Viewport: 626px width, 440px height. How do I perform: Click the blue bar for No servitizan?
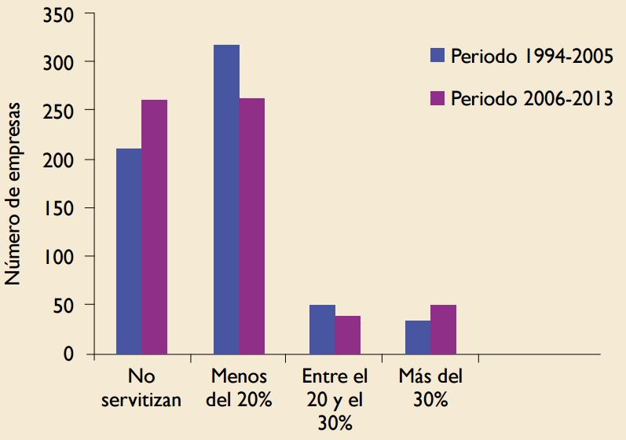pyautogui.click(x=129, y=251)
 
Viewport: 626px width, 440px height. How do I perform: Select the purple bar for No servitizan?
pyautogui.click(x=155, y=227)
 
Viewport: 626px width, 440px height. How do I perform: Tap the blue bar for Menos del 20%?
pyautogui.click(x=226, y=200)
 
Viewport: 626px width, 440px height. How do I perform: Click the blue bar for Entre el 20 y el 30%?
pyautogui.click(x=322, y=329)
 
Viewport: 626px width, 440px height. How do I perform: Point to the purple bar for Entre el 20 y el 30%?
pyautogui.click(x=348, y=335)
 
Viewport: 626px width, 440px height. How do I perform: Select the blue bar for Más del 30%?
pyautogui.click(x=418, y=337)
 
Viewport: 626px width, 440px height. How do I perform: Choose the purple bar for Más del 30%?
pyautogui.click(x=444, y=329)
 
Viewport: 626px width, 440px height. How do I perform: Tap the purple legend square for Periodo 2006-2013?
pyautogui.click(x=438, y=99)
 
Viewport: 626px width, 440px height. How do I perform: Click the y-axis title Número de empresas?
pyautogui.click(x=15, y=192)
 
